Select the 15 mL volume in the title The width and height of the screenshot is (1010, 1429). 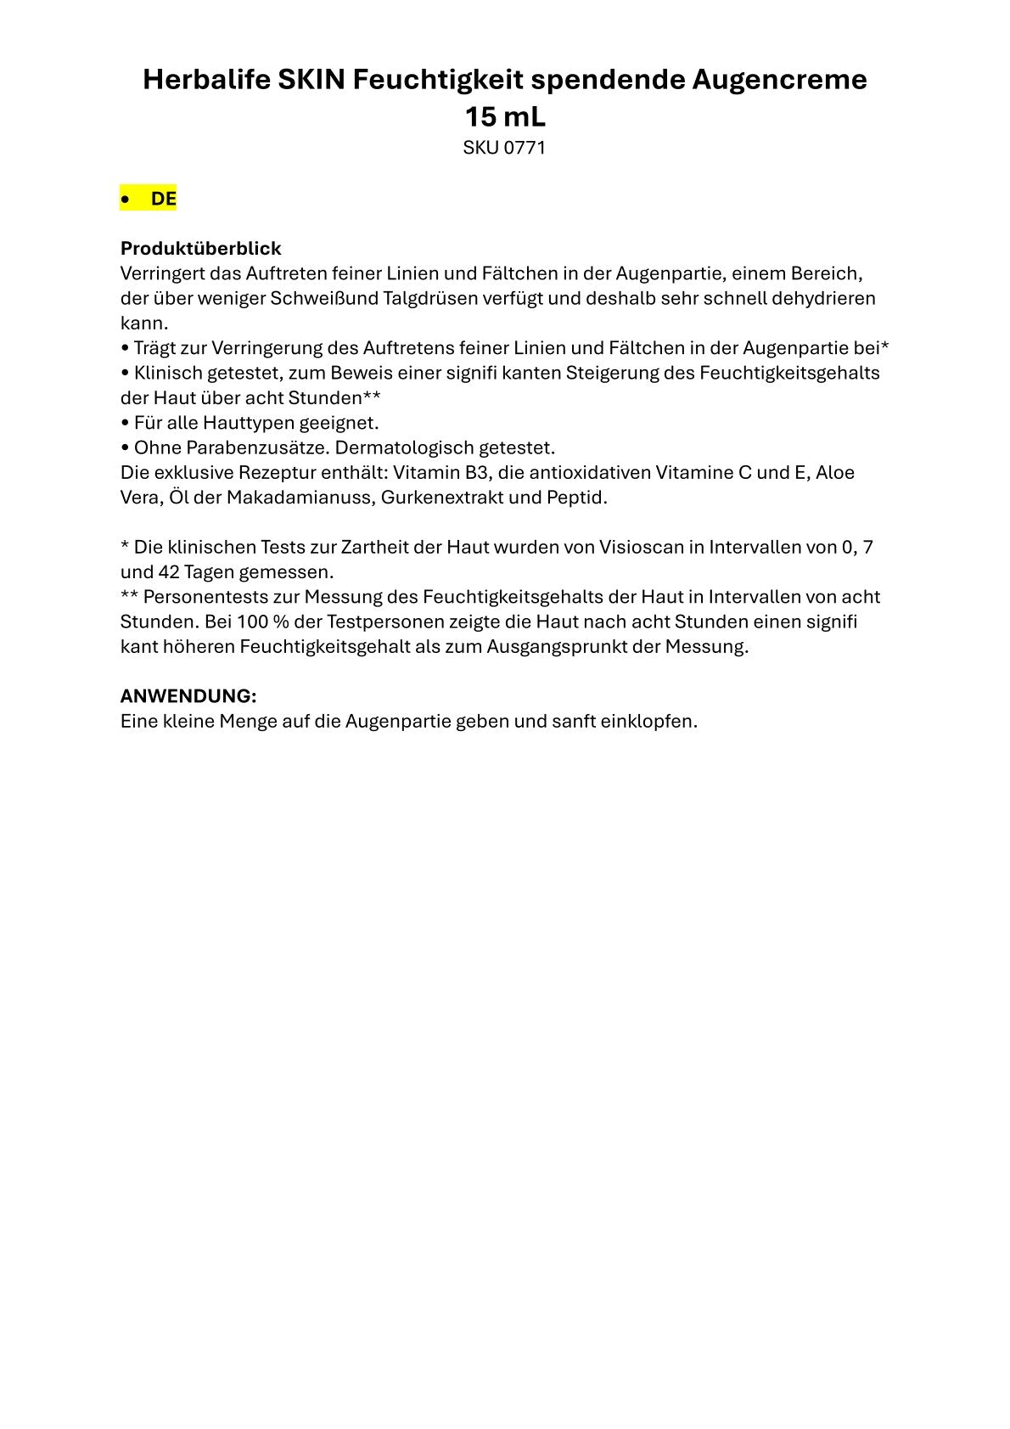[505, 116]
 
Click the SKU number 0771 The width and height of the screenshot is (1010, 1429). [525, 148]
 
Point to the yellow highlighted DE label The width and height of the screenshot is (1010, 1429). [163, 199]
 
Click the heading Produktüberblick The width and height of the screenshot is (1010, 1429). [200, 249]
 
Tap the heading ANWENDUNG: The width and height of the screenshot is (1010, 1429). [188, 696]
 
